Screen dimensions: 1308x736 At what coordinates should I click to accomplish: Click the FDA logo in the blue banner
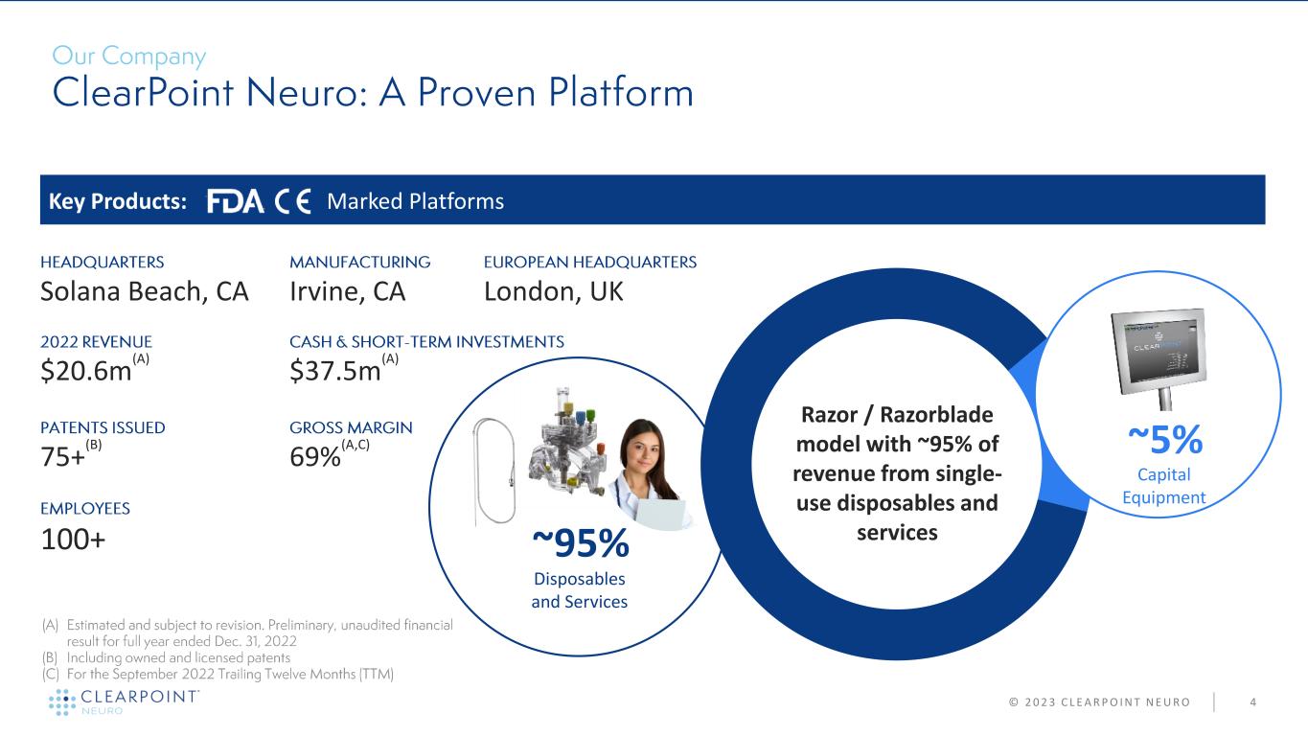[x=236, y=201]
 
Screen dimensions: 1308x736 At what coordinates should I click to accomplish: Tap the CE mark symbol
[x=292, y=201]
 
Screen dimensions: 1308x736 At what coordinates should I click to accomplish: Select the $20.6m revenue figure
[x=86, y=371]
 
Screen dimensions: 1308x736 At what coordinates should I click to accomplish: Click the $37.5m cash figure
[x=335, y=371]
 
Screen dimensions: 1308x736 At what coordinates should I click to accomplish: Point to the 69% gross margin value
[x=314, y=457]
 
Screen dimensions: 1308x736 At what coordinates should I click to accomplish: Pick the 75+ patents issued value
[x=62, y=457]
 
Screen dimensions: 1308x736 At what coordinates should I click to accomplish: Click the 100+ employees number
[x=73, y=540]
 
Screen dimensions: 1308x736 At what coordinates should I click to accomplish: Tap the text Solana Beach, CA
[x=145, y=291]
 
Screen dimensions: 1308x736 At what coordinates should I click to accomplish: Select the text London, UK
[x=554, y=291]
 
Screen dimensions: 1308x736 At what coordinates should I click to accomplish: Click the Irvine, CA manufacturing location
[x=348, y=291]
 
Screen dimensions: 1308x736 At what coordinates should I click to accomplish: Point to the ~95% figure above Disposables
[x=581, y=543]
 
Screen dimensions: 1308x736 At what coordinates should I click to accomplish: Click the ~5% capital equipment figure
[x=1165, y=440]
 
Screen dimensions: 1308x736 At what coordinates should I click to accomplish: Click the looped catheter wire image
[x=494, y=471]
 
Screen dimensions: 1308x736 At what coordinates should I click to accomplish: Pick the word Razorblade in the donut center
[x=936, y=415]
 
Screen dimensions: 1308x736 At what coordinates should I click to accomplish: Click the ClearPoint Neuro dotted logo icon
[x=62, y=701]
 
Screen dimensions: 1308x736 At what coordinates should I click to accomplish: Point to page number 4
[x=1252, y=702]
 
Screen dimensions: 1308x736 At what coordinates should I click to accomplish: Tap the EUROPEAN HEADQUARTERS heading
[x=589, y=263]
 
